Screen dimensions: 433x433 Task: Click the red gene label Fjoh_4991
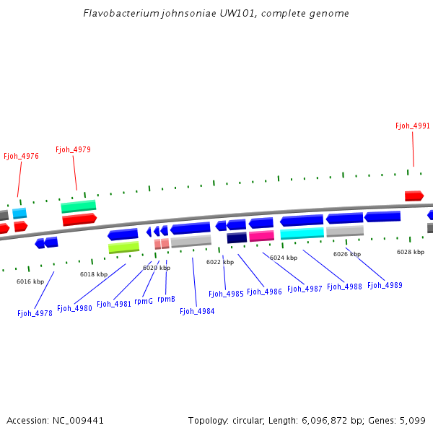tap(412, 126)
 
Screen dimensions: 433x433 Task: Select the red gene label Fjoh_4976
tap(21, 156)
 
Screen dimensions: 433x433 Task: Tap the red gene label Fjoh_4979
tap(73, 150)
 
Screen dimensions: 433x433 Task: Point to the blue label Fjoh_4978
tap(35, 313)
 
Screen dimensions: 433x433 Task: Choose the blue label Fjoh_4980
tap(74, 308)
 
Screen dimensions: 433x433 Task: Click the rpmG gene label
tap(144, 301)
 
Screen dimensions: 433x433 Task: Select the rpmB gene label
tap(166, 299)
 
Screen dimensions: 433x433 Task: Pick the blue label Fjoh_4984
tap(197, 311)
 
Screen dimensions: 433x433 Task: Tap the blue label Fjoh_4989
tap(385, 285)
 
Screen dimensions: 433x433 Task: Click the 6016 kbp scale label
tap(30, 281)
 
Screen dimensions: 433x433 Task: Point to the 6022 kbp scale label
tap(220, 262)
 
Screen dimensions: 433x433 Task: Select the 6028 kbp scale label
tap(411, 252)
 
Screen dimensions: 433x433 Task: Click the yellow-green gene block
tap(123, 248)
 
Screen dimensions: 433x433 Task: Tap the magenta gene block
tap(261, 236)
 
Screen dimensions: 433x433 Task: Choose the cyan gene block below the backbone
tap(302, 233)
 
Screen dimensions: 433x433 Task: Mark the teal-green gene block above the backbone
tap(78, 206)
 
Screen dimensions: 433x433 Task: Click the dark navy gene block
tap(237, 237)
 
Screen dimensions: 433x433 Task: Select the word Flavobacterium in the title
tap(118, 14)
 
